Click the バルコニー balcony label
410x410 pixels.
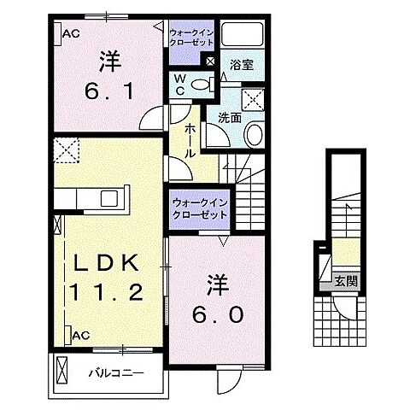(114, 372)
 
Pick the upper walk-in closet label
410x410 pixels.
(192, 38)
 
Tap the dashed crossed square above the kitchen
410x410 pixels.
(65, 152)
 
